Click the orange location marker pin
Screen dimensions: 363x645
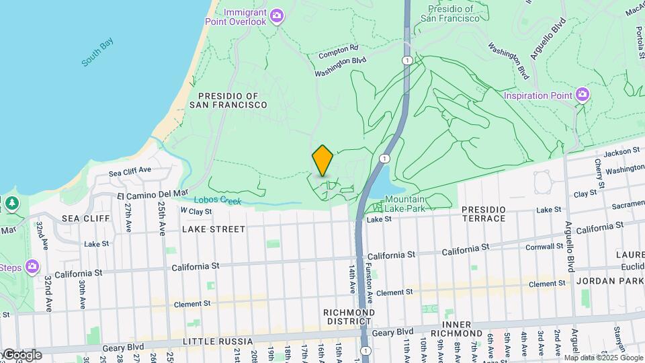click(322, 161)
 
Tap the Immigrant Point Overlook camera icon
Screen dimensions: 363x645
click(276, 15)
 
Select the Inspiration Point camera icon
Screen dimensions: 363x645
click(582, 95)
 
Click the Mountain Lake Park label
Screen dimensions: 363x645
click(404, 204)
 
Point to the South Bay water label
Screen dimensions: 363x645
click(97, 53)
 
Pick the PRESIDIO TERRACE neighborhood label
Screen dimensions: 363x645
click(493, 214)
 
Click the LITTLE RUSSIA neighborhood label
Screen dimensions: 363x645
click(200, 341)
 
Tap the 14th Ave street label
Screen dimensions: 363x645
click(351, 278)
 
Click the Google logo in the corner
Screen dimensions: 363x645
click(21, 355)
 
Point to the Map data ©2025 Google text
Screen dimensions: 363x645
click(603, 358)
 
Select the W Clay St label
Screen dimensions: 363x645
click(196, 211)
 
